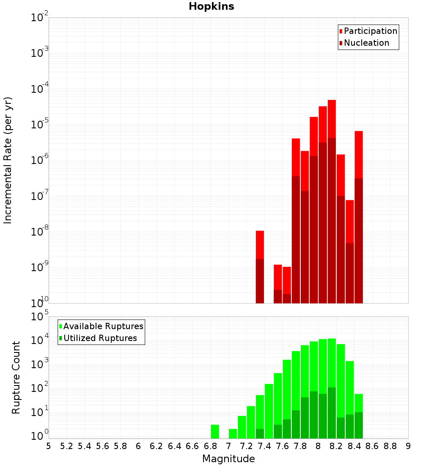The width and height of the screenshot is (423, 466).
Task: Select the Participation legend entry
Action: tap(371, 31)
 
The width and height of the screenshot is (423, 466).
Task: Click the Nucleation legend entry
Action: tap(366, 43)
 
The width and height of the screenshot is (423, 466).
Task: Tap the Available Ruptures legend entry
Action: tap(103, 327)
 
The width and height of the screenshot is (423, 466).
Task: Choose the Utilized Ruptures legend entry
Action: tap(100, 338)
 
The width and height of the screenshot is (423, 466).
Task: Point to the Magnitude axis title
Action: tap(228, 459)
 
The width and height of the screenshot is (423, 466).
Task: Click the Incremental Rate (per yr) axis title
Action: tap(8, 160)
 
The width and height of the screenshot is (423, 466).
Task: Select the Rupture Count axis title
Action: tap(16, 377)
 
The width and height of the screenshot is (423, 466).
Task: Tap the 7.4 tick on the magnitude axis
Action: tap(264, 446)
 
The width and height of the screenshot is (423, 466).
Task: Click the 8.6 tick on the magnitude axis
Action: tap(372, 446)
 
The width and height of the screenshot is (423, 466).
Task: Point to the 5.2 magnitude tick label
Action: tap(66, 446)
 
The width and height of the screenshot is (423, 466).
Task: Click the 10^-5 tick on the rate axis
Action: tap(39, 125)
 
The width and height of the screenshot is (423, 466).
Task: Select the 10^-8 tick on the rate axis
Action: tap(39, 232)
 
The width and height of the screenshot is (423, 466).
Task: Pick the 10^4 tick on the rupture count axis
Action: tap(39, 341)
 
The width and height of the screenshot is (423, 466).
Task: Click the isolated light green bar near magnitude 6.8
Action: tap(215, 431)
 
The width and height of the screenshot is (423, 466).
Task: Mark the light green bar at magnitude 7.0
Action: tap(233, 433)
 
